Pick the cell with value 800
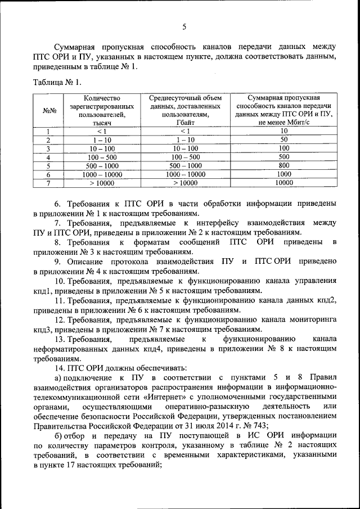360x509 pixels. click(x=284, y=165)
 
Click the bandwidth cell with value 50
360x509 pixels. click(x=284, y=139)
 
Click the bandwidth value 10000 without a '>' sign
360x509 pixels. click(x=284, y=183)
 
